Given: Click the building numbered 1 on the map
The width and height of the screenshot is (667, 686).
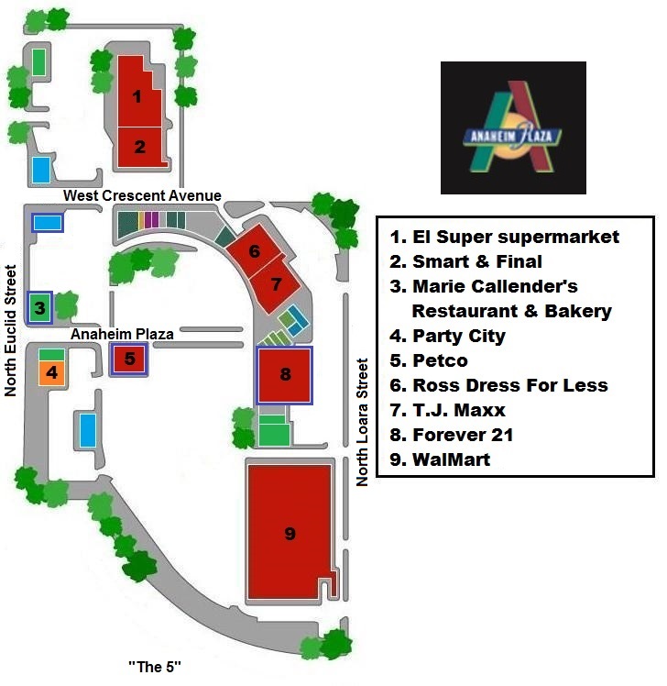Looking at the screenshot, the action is point(137,94).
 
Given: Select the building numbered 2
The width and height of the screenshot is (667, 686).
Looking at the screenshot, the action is point(140,146).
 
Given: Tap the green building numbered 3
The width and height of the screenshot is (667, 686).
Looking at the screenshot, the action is point(39,306).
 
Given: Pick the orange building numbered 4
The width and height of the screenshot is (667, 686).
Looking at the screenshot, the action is point(51,373).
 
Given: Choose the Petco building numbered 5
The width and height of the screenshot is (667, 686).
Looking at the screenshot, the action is point(129,359).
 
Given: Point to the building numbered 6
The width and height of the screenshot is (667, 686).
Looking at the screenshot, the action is point(254,250).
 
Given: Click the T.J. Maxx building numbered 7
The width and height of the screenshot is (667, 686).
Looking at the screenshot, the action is point(276,282).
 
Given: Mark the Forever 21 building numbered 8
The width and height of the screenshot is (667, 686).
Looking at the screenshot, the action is point(285,374).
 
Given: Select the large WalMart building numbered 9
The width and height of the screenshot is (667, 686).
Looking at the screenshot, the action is point(289,534).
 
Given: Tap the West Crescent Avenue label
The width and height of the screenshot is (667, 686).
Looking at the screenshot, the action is point(142,195).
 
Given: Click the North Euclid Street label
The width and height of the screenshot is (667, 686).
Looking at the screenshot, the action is point(11,330).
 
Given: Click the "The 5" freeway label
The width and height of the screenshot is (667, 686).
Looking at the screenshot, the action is point(155,667).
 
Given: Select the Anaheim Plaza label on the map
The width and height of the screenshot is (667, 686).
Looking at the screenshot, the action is point(122,335).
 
